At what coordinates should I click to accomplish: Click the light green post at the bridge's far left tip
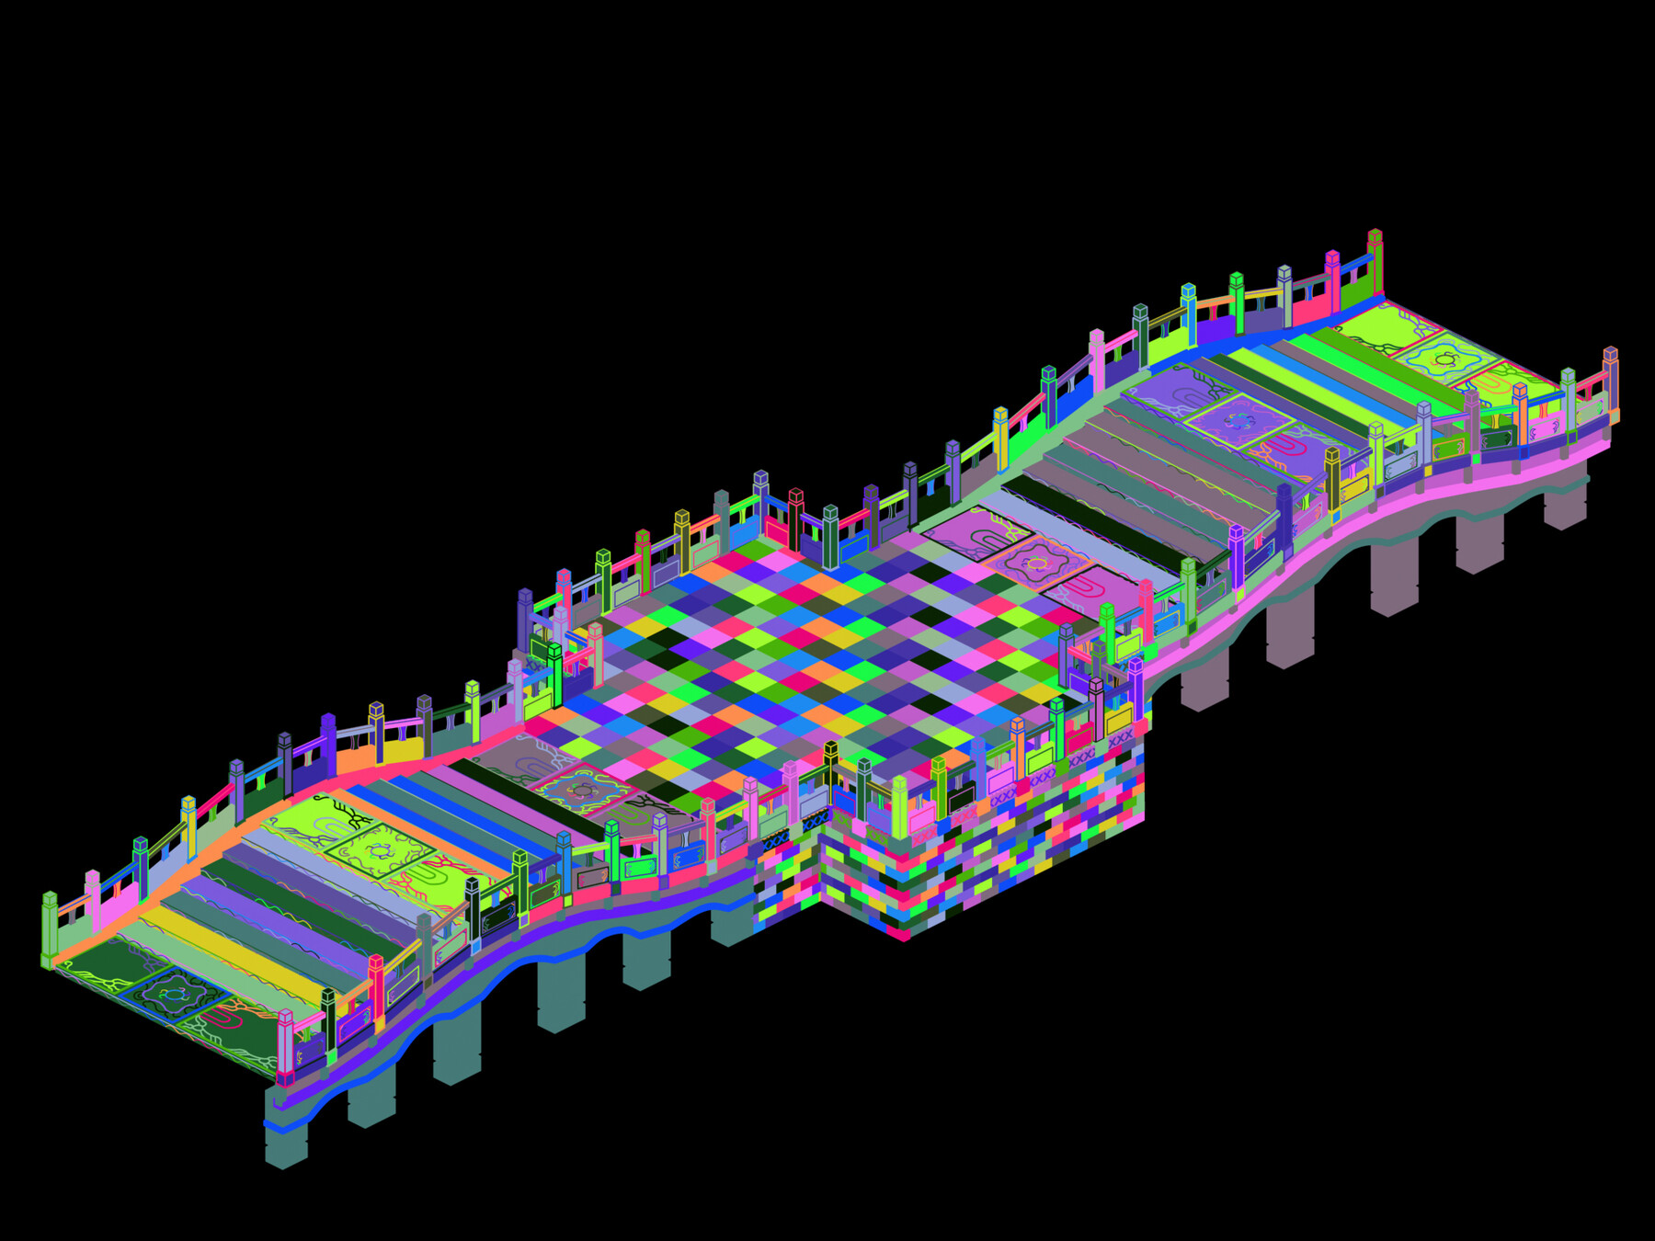point(50,928)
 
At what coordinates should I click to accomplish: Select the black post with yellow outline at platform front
point(830,772)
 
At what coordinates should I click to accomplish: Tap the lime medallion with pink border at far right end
point(1445,359)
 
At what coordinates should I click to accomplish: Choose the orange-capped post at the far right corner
point(1610,381)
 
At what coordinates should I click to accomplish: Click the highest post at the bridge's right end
point(1375,262)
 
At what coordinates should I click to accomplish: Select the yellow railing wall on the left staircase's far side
point(403,748)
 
